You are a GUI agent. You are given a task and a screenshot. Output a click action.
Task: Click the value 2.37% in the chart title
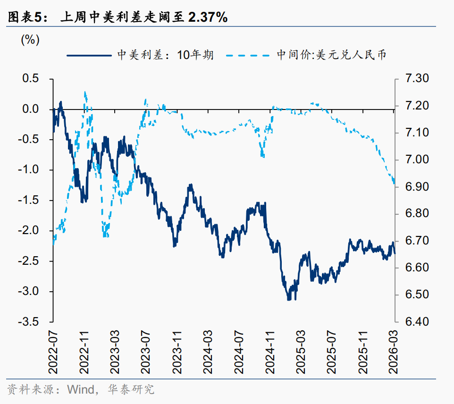pyautogui.click(x=208, y=17)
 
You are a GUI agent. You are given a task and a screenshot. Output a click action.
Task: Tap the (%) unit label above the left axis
pyautogui.click(x=30, y=41)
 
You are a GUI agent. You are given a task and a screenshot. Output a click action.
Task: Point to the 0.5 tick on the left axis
pyautogui.click(x=31, y=79)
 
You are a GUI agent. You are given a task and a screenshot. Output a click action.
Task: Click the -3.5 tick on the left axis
pyautogui.click(x=29, y=322)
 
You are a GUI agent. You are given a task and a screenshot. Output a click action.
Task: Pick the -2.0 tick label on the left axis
pyautogui.click(x=29, y=231)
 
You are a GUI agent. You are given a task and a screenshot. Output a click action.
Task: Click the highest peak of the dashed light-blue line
pyautogui.click(x=85, y=93)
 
